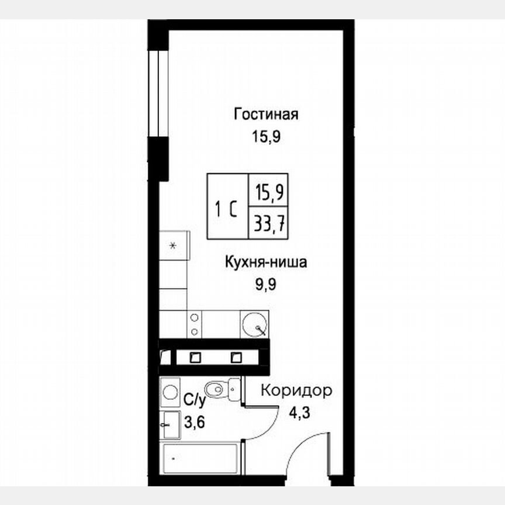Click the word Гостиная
click(x=266, y=113)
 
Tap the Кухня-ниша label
click(x=265, y=262)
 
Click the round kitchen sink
click(x=255, y=324)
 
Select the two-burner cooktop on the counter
click(x=195, y=324)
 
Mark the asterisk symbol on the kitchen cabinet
click(x=173, y=245)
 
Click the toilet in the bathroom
click(x=219, y=388)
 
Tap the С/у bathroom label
click(x=195, y=400)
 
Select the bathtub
click(x=199, y=459)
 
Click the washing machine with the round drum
click(x=170, y=392)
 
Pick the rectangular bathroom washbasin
click(x=170, y=424)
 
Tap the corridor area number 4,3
click(x=298, y=411)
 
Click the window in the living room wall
click(x=158, y=94)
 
